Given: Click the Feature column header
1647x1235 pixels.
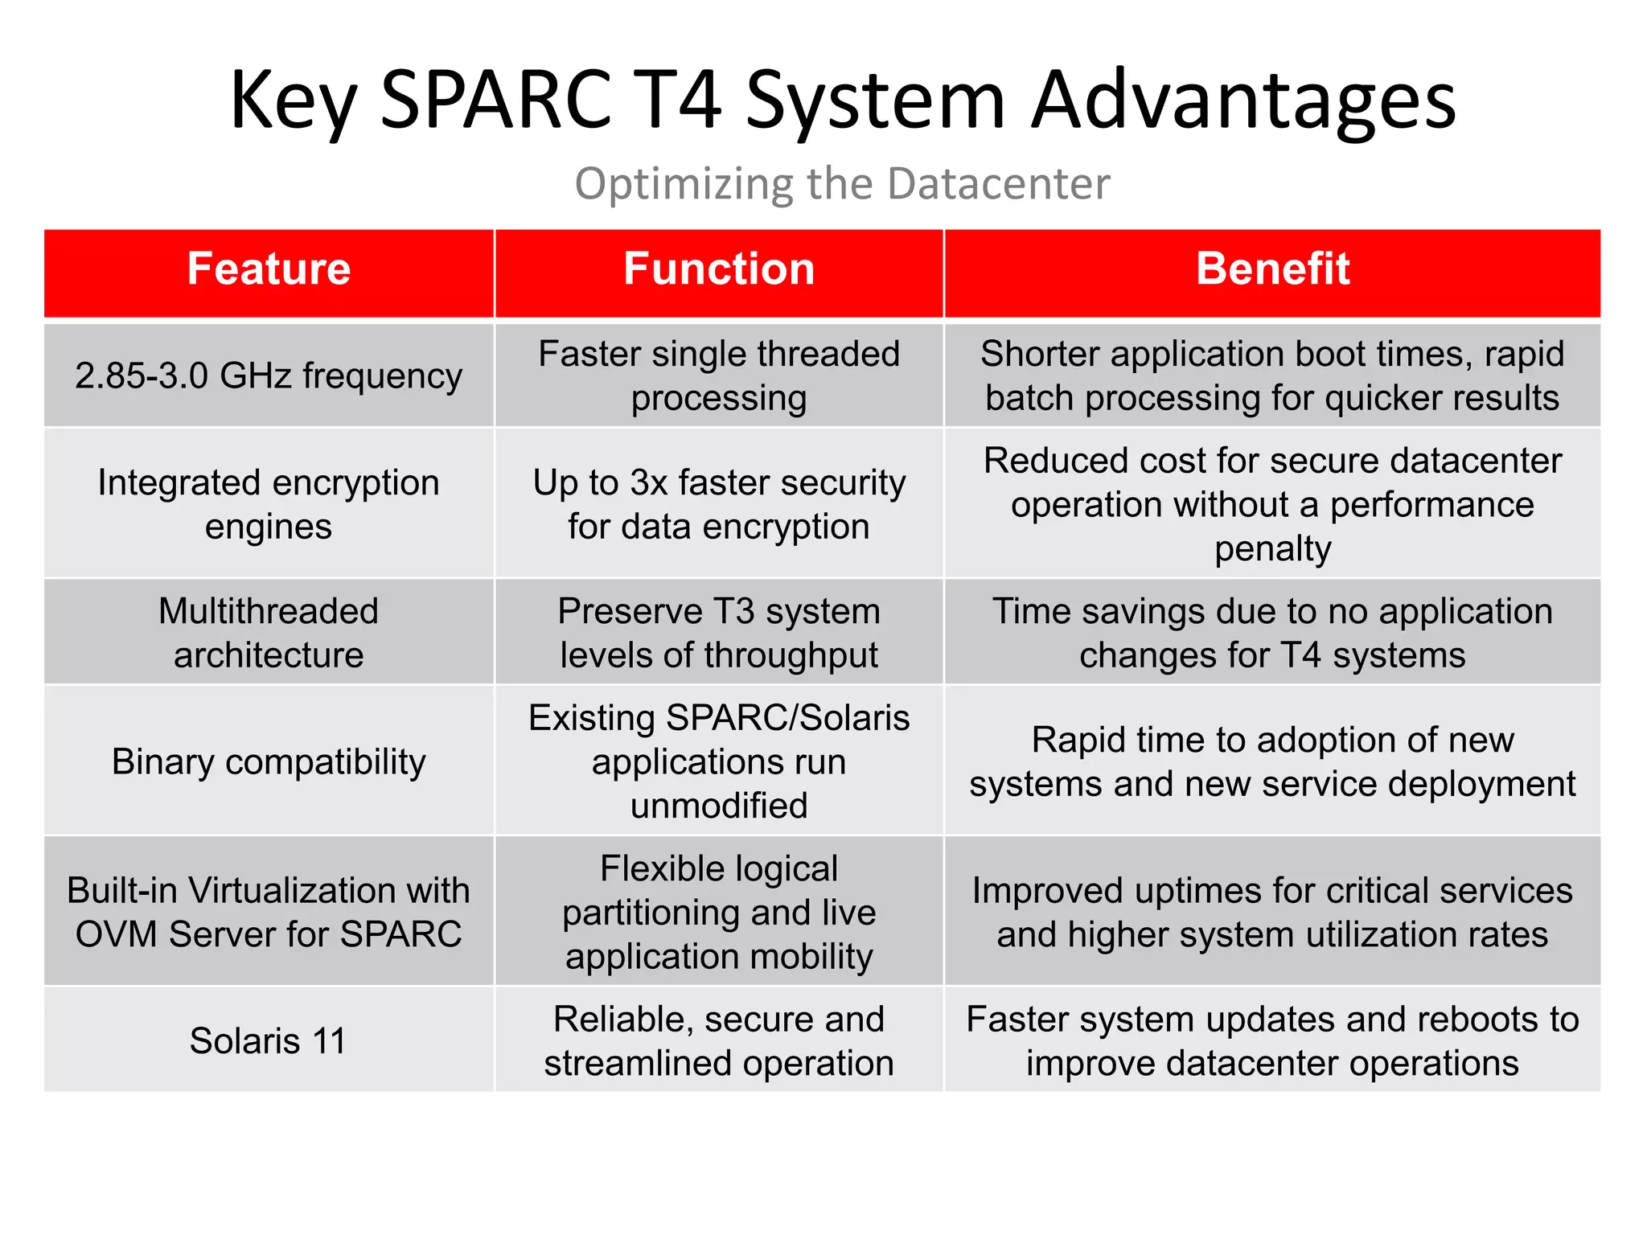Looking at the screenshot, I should click(269, 269).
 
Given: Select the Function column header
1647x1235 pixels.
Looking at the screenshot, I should click(719, 269).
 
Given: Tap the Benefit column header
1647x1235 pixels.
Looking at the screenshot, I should click(1272, 269).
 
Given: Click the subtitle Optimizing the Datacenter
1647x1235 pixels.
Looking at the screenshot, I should click(842, 183).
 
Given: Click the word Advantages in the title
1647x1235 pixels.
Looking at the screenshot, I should click(1243, 101).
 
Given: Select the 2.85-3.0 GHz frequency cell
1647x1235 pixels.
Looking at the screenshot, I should click(269, 375).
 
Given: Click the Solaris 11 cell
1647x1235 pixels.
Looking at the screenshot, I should click(269, 1040).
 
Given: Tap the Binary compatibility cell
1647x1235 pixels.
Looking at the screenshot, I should click(269, 761).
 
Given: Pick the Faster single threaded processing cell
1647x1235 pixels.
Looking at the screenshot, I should click(719, 375).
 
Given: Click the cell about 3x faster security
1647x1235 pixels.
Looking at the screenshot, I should click(719, 504).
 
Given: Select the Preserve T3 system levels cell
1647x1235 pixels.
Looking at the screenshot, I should click(719, 633).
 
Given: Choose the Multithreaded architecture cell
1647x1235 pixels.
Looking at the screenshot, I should click(269, 633).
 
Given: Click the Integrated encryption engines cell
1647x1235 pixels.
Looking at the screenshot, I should click(269, 504).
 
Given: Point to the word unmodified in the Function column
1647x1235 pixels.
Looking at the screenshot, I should click(719, 806).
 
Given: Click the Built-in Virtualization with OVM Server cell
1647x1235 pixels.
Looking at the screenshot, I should click(269, 912).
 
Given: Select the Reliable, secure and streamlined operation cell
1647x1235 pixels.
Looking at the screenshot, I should click(719, 1040).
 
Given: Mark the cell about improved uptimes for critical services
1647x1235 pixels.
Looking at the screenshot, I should click(1272, 912).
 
